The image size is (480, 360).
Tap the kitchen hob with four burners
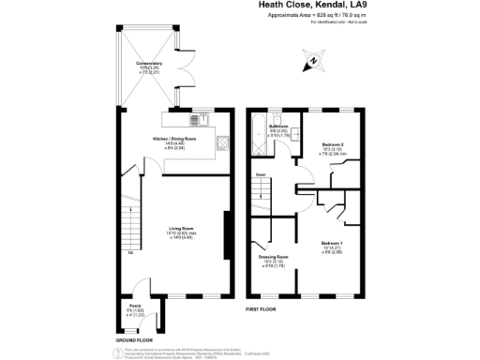193,119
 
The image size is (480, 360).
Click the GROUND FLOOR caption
134,338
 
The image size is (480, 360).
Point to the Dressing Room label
273,256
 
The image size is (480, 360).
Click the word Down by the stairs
260,174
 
